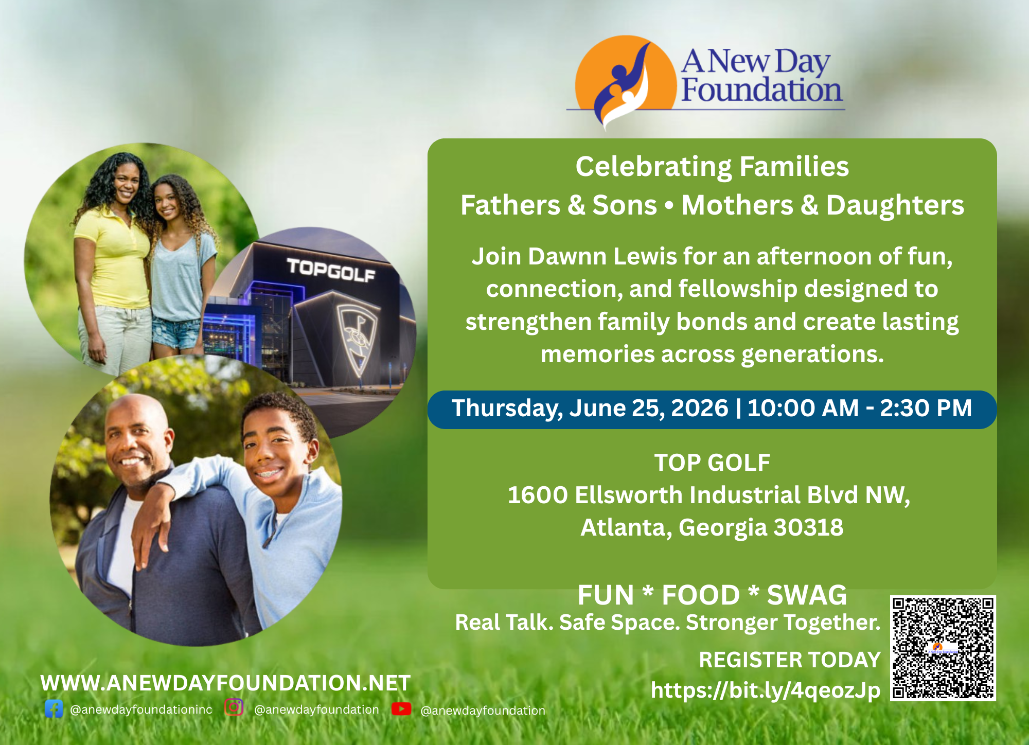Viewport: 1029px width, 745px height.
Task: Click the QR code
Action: click(943, 648)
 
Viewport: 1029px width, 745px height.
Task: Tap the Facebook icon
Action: click(54, 709)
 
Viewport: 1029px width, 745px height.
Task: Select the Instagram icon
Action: click(234, 707)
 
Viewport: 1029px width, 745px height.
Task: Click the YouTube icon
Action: click(401, 709)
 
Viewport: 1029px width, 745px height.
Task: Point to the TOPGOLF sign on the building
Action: click(331, 270)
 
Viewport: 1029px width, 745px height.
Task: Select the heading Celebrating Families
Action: click(712, 167)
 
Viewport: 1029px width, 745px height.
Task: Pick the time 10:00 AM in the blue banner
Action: click(803, 408)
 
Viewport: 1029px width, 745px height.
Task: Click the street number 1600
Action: click(538, 495)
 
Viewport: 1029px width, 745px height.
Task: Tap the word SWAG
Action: click(807, 595)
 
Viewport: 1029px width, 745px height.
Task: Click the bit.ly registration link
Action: click(766, 690)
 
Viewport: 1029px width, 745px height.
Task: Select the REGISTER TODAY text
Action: click(790, 660)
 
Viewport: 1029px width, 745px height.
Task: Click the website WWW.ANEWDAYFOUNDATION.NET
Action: click(225, 683)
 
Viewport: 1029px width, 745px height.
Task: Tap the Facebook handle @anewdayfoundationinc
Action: click(141, 709)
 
